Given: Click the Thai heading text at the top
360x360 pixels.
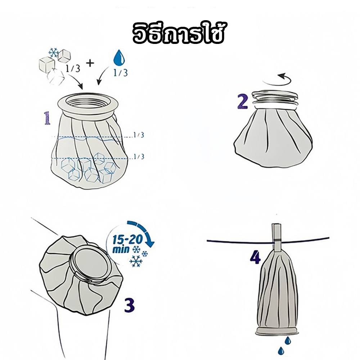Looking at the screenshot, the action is pyautogui.click(x=178, y=33).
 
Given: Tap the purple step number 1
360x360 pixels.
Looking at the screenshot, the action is pyautogui.click(x=47, y=118).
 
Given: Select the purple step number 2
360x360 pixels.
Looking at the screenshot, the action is pyautogui.click(x=242, y=102).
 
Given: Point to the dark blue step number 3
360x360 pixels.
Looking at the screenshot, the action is pyautogui.click(x=130, y=305).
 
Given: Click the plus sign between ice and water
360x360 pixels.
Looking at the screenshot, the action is pyautogui.click(x=90, y=63).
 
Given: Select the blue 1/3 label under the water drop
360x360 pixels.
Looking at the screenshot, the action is pyautogui.click(x=121, y=73).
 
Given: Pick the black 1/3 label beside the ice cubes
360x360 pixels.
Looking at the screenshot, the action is pyautogui.click(x=73, y=68).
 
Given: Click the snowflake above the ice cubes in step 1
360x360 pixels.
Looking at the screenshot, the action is pyautogui.click(x=54, y=53).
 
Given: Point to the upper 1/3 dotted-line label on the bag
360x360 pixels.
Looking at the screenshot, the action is pyautogui.click(x=139, y=135).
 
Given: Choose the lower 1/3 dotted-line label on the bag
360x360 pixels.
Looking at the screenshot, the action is pyautogui.click(x=139, y=157).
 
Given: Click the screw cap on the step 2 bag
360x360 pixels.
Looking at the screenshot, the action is pyautogui.click(x=275, y=99).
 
